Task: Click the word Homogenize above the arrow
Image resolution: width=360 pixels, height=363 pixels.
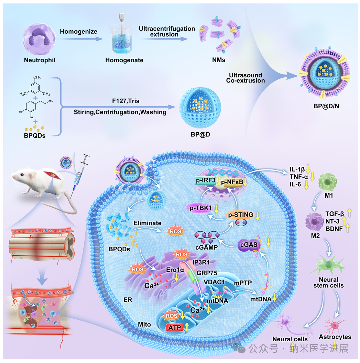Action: [78, 32]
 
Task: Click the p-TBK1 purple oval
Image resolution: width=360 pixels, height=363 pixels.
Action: [202, 208]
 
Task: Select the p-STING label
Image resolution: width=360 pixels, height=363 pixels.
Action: [240, 215]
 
